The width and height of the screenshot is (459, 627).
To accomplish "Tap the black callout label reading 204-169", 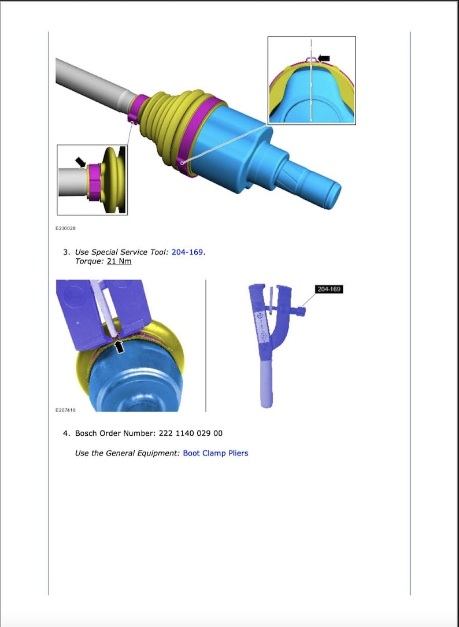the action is pos(329,289).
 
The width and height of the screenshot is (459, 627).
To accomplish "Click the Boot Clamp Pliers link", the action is pos(215,453).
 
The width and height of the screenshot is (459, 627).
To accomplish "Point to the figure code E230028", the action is pos(66,228).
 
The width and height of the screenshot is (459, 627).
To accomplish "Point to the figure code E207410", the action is pos(66,410).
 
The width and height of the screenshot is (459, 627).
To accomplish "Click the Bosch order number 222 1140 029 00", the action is pos(191,433).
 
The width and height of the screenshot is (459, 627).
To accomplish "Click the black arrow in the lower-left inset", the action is pos(80,162).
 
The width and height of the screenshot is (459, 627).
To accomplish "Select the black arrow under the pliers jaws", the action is pos(119,346).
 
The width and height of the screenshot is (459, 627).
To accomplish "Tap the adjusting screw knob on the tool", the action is pos(301,311).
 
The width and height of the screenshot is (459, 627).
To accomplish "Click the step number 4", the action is pos(66,433).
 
